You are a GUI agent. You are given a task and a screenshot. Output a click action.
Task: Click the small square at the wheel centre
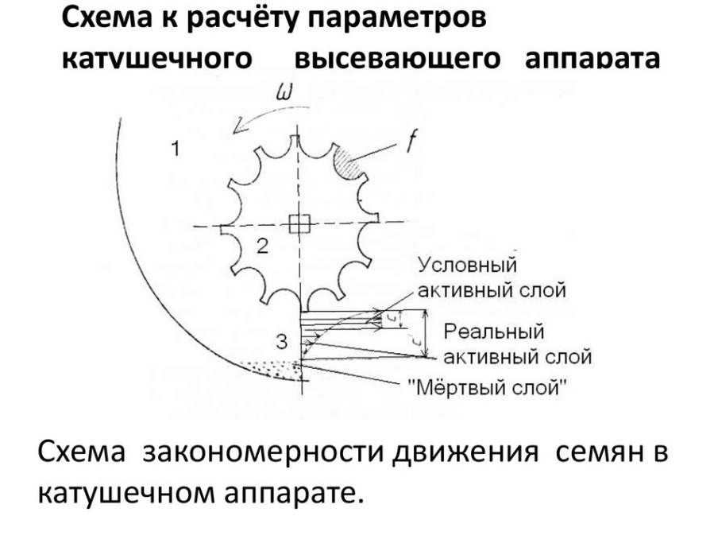point(299,225)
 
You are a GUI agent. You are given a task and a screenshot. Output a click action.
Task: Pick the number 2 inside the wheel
point(262,246)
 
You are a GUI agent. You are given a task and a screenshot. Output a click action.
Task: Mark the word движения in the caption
point(457,455)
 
